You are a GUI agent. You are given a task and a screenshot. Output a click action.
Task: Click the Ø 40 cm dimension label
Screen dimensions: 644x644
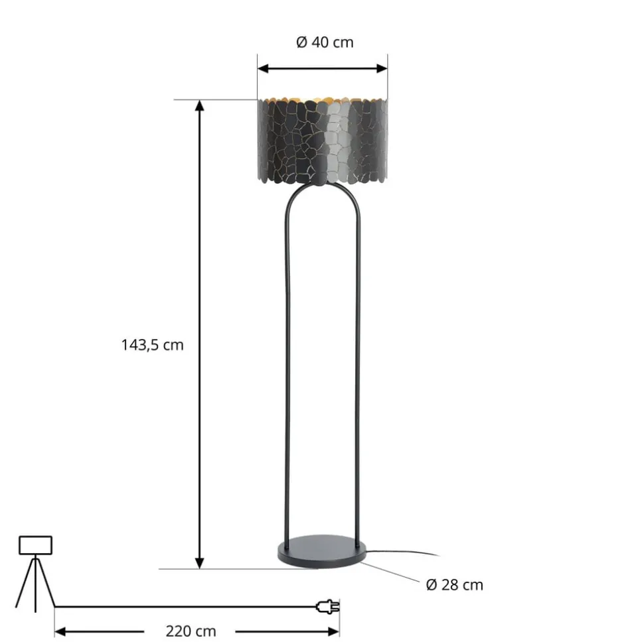pos(325,43)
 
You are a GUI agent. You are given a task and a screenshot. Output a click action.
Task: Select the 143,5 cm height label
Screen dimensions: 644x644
pos(152,345)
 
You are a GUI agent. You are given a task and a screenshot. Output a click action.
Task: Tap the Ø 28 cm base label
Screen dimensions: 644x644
pos(454,585)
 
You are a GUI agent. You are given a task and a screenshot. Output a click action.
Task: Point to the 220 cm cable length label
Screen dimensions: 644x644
pos(191,631)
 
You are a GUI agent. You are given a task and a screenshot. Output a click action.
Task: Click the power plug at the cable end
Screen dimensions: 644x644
pos(329,606)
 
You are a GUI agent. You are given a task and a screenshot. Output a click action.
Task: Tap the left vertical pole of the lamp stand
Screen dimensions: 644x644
pos(287,371)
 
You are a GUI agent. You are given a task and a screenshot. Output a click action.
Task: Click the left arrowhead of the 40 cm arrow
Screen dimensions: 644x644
pos(263,68)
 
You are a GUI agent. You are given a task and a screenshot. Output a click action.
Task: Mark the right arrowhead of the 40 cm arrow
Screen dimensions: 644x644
pos(382,68)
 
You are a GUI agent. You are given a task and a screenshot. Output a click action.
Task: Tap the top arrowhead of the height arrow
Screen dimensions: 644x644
pos(199,106)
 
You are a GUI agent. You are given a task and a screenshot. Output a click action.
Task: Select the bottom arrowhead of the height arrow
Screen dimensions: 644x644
pos(199,563)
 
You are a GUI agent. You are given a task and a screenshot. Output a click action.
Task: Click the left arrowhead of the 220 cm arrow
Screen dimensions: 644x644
pos(60,631)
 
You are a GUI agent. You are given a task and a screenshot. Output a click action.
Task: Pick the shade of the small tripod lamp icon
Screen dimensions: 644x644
pos(35,545)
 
